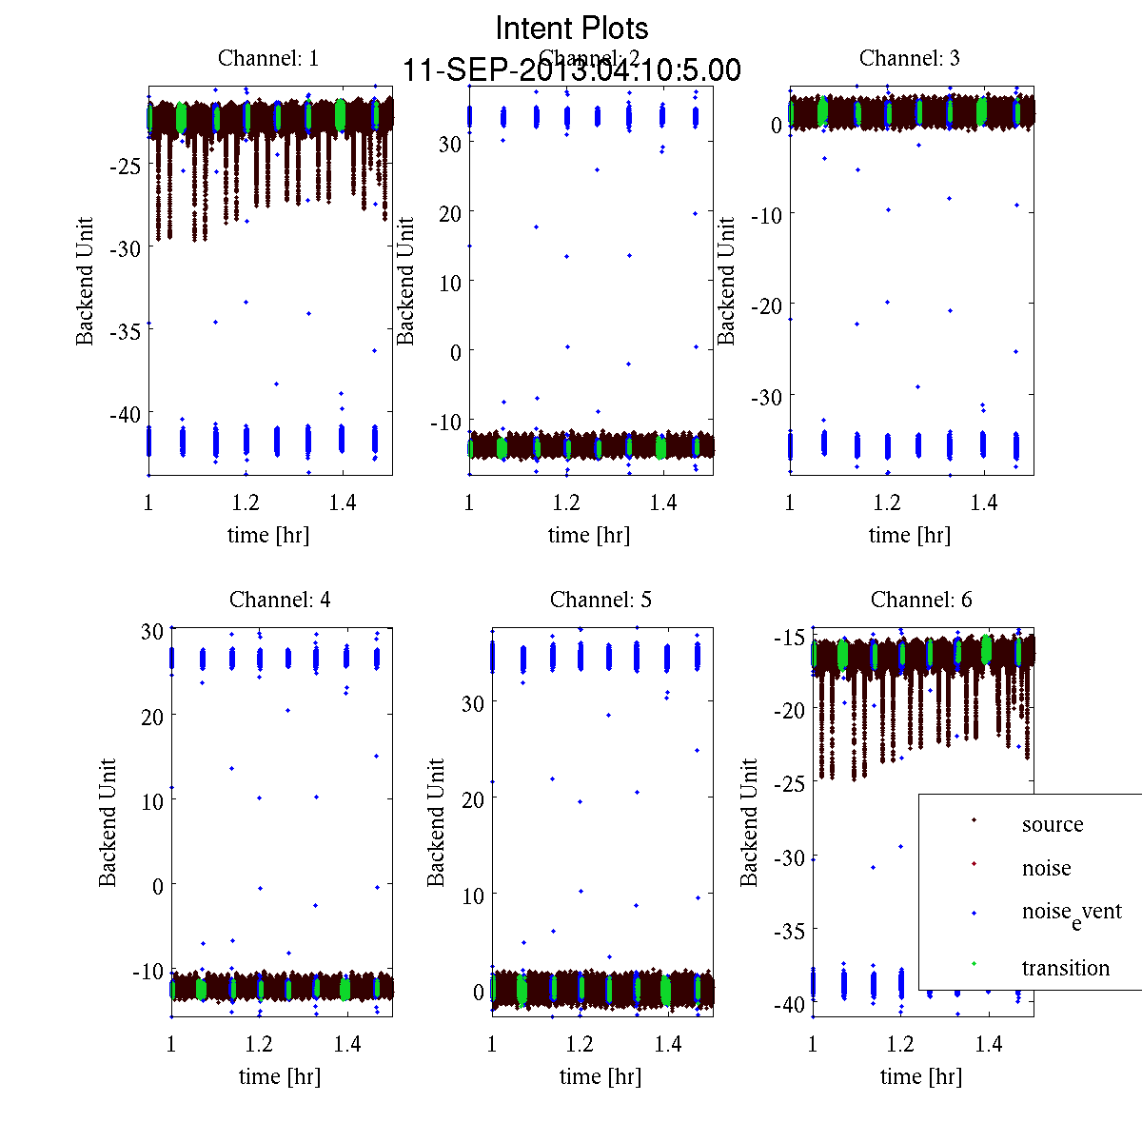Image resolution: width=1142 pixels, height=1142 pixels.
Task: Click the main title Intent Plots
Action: (x=572, y=28)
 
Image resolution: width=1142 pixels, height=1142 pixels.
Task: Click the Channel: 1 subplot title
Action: (x=268, y=58)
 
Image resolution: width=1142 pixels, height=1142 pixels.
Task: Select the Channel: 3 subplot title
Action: (x=909, y=58)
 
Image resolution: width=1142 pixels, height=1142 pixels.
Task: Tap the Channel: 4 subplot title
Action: (x=280, y=600)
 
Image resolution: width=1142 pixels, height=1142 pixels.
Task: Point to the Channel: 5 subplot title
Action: (x=601, y=600)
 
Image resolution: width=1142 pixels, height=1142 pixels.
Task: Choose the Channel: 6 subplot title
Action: (x=921, y=600)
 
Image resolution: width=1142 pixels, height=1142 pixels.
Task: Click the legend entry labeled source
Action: (x=1052, y=824)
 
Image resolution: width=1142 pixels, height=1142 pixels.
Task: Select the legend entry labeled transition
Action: (x=1065, y=968)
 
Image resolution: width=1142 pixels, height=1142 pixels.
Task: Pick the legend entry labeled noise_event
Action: (x=1071, y=912)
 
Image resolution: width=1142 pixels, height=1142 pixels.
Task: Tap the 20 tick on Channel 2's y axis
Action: (x=449, y=213)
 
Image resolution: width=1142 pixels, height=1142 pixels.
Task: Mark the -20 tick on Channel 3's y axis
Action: (x=767, y=305)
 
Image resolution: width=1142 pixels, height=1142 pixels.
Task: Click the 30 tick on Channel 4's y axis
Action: (x=151, y=631)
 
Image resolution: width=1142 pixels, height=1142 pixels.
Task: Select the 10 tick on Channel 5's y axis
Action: (x=472, y=896)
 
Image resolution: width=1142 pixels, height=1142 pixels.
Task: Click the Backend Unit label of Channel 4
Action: (x=108, y=823)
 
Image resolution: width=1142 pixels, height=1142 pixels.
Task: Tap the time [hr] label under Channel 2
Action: (x=589, y=535)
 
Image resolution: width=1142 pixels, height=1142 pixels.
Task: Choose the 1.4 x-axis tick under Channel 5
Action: (x=668, y=1044)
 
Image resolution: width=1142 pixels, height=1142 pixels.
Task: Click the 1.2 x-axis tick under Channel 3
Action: (x=888, y=502)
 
